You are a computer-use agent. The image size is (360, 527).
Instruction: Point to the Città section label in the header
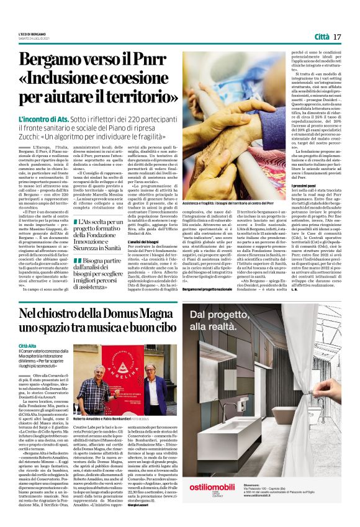tap(321, 37)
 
